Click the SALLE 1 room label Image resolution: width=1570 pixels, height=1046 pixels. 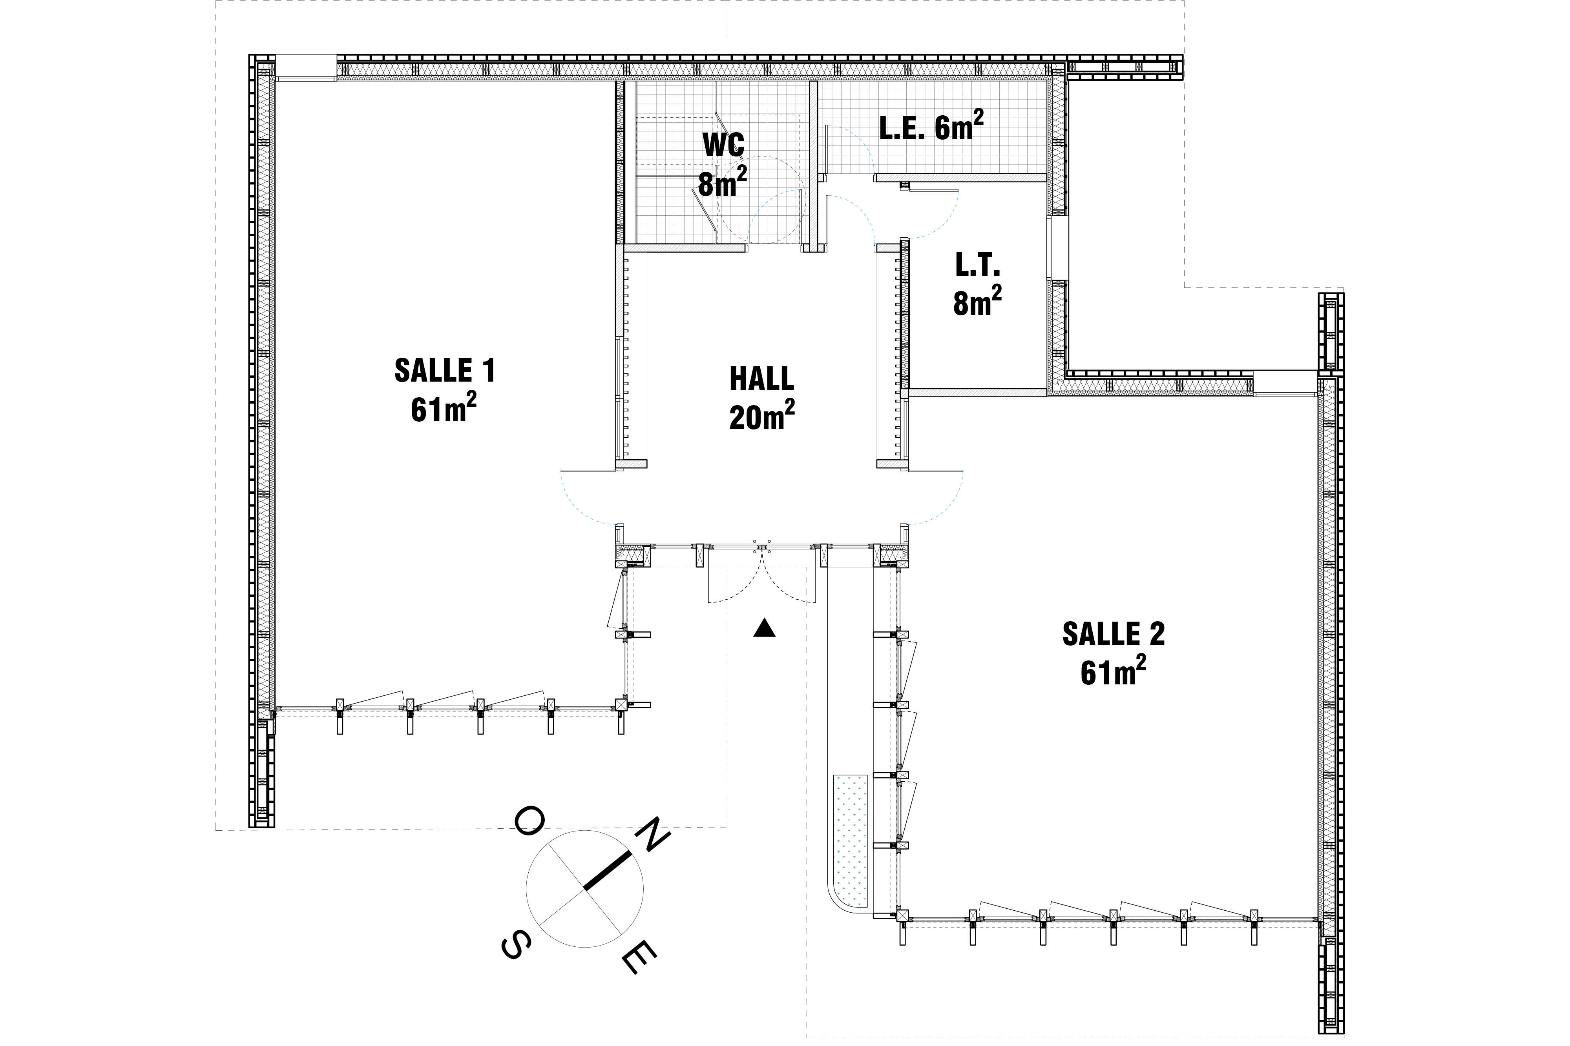tap(445, 371)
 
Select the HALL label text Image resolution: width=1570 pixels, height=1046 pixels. tap(761, 379)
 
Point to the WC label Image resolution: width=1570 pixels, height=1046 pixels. tap(723, 145)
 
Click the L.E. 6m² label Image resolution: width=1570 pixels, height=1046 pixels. tap(931, 127)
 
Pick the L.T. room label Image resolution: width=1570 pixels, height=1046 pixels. tap(977, 266)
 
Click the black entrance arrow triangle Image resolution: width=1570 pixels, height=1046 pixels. tap(764, 628)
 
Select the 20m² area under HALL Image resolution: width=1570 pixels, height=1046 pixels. tap(761, 416)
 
